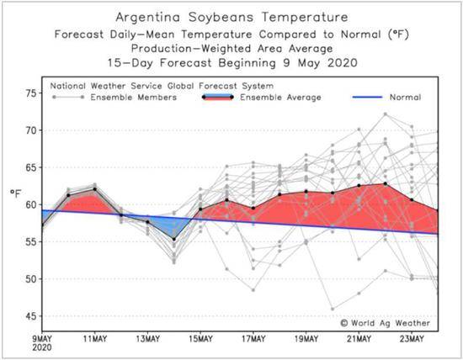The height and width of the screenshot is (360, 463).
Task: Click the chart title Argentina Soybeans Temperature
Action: tap(231, 17)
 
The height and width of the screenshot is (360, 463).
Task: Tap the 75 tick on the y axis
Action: tap(31, 93)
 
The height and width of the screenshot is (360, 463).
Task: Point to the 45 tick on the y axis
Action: tap(31, 316)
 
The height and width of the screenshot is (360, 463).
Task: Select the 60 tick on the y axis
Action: tap(31, 204)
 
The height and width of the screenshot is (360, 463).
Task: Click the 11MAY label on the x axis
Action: tap(95, 339)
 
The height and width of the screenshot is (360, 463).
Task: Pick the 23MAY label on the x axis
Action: tap(412, 339)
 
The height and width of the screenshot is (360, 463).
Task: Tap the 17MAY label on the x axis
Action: tap(253, 339)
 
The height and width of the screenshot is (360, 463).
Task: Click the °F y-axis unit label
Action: tap(16, 193)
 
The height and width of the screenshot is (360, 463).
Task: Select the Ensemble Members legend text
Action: tap(134, 98)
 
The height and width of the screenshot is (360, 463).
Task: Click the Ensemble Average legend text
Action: tap(280, 98)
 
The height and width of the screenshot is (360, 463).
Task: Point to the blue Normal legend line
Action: tap(367, 97)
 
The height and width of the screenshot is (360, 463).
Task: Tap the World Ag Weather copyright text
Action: tap(385, 323)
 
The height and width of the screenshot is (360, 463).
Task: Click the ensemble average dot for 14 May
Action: tap(174, 240)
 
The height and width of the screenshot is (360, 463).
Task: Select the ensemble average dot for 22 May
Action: tap(385, 183)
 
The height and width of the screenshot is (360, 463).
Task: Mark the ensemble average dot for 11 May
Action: tap(95, 189)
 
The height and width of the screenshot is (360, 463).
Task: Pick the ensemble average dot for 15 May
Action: tap(200, 209)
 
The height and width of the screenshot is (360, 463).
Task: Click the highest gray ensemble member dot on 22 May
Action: tap(385, 114)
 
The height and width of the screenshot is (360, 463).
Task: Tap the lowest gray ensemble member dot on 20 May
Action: tap(333, 309)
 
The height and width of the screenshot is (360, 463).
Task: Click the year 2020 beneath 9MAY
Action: tap(41, 347)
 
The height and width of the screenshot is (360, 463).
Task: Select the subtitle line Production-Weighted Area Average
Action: tap(232, 49)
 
